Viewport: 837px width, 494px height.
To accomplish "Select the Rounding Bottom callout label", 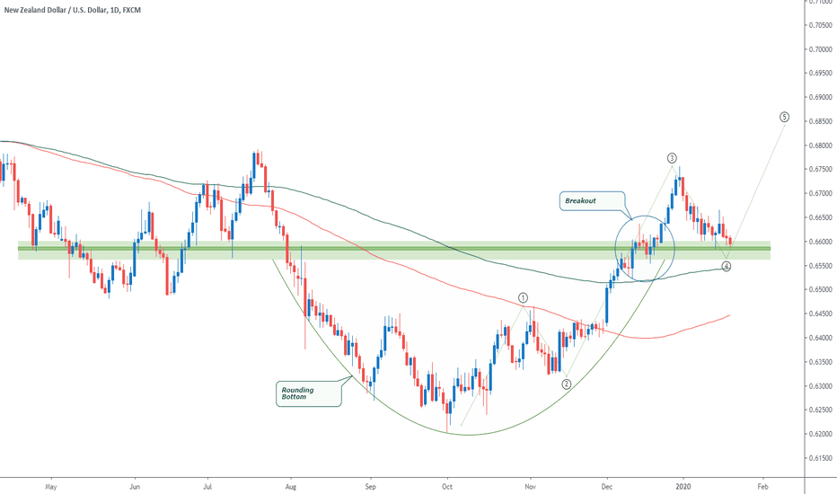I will (x=306, y=393).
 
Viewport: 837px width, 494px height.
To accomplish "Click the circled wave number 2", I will (x=567, y=384).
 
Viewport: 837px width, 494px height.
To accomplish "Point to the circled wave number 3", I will (x=672, y=158).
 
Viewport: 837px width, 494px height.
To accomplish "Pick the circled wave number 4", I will (x=727, y=267).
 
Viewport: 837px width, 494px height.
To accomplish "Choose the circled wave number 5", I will (x=784, y=117).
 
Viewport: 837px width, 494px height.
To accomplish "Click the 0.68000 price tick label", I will (x=818, y=146).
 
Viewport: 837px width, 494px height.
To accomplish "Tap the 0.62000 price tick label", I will (x=818, y=435).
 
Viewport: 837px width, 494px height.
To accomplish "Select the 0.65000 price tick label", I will (x=818, y=290).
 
